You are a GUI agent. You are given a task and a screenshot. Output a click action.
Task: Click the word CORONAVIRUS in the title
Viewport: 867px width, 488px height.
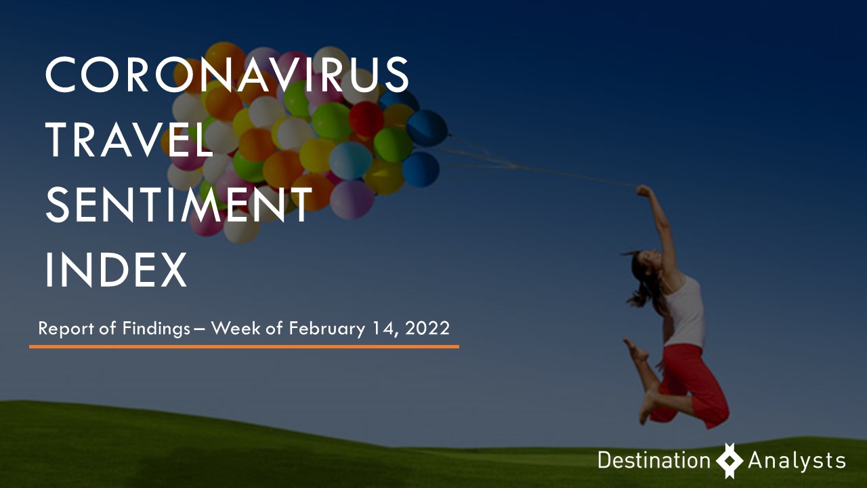[x=227, y=74]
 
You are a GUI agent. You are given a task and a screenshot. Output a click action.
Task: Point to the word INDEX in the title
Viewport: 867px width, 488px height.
[x=116, y=269]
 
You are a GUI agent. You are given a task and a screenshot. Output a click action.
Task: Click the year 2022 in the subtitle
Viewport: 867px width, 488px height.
[x=427, y=329]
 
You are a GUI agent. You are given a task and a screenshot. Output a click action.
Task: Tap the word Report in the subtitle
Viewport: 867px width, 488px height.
[x=66, y=329]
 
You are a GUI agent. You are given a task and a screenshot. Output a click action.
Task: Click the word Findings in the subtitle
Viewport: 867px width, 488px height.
[x=156, y=329]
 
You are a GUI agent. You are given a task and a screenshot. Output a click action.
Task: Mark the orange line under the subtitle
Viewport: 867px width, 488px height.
[x=244, y=346]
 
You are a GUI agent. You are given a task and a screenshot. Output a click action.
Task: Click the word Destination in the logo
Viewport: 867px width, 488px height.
[x=654, y=460]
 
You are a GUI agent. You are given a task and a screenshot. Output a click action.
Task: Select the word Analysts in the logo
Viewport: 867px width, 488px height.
[x=797, y=461]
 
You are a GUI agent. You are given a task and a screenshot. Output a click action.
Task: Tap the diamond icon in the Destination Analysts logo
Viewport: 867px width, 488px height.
[x=729, y=460]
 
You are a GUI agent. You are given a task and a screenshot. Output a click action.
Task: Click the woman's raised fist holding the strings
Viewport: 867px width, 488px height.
[x=643, y=190]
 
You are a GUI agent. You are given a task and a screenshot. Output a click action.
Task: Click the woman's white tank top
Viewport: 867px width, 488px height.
[x=685, y=310]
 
